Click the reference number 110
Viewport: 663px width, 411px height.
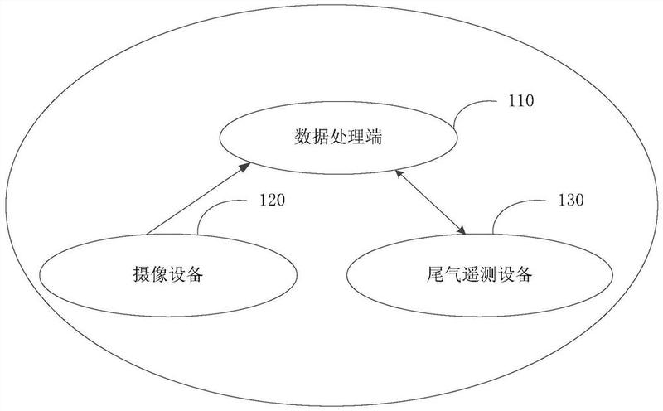521,101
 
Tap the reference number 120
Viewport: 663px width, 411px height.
272,200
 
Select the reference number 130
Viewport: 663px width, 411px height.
571,200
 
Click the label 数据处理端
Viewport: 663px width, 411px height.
338,138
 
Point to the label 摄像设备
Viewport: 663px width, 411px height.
168,274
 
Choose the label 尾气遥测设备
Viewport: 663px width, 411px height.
480,274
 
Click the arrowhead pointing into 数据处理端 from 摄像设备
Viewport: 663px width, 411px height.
244,167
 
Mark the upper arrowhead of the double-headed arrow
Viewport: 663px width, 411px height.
400,176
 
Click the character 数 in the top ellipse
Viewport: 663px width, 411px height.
303,138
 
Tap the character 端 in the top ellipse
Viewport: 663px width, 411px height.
374,138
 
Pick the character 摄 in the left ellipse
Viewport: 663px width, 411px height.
142,274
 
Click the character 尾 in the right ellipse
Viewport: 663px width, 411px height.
435,274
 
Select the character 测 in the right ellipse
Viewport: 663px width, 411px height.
488,274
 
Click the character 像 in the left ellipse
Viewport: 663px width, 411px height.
159,274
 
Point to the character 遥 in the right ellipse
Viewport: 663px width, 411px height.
471,274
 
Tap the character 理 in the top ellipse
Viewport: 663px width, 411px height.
356,138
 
